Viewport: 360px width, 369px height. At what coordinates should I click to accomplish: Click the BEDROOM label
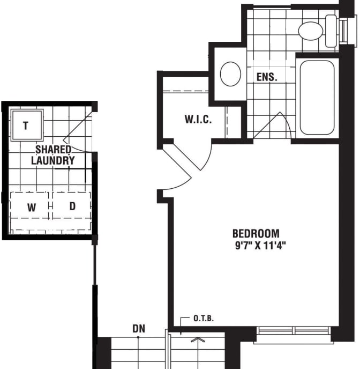(x=256, y=233)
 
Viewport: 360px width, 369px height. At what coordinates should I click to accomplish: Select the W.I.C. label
(x=198, y=119)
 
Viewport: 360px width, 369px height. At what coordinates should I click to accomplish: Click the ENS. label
(x=267, y=77)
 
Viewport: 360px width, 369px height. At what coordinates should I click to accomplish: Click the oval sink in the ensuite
(x=230, y=73)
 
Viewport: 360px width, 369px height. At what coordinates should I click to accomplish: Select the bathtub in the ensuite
(x=317, y=97)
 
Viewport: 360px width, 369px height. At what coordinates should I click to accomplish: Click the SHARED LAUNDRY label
(x=52, y=154)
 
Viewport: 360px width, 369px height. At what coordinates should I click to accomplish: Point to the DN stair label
(x=138, y=328)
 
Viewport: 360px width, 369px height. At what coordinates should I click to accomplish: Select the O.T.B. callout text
(x=204, y=319)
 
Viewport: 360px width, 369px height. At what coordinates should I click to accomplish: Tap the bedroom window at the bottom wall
(x=294, y=331)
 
